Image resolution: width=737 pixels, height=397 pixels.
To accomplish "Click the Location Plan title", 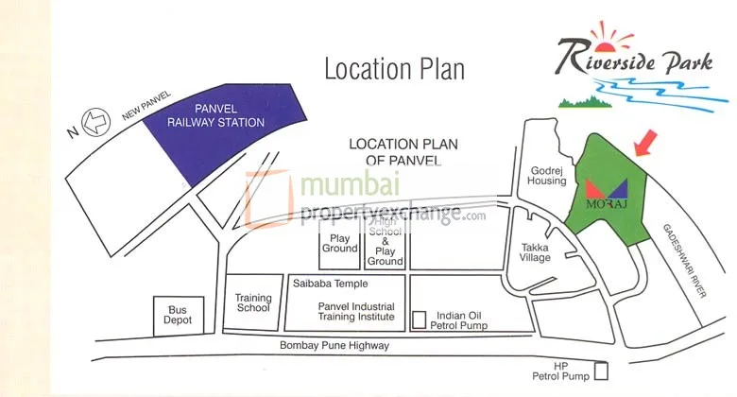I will tap(395, 69).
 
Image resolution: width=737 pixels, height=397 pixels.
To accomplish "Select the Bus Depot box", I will tap(179, 315).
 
